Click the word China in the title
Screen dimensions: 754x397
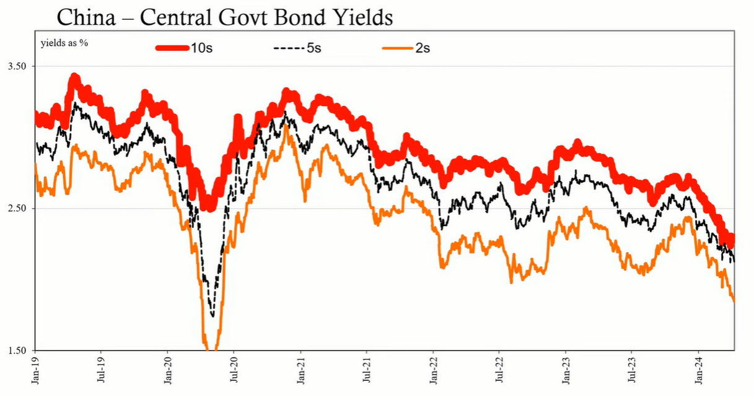(86, 17)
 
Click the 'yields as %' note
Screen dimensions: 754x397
(64, 43)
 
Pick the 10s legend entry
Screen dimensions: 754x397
(184, 48)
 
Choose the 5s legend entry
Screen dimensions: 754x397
(297, 48)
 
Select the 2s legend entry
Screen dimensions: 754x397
(406, 48)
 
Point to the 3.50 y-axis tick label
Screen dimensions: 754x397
(17, 66)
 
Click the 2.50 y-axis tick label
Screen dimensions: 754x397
(17, 208)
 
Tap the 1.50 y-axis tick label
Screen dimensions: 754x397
(17, 350)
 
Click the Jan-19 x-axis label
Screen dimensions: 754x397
(35, 371)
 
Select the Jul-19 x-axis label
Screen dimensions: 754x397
(101, 371)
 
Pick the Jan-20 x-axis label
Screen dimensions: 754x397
(168, 371)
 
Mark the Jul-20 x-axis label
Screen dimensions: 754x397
(234, 371)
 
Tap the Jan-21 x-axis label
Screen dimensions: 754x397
(300, 371)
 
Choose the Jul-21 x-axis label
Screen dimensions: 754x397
(367, 371)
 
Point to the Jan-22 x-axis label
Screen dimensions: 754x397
(433, 371)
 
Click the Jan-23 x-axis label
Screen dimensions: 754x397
(566, 371)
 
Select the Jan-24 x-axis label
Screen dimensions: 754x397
(699, 371)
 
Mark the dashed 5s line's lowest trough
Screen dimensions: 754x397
(213, 316)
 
